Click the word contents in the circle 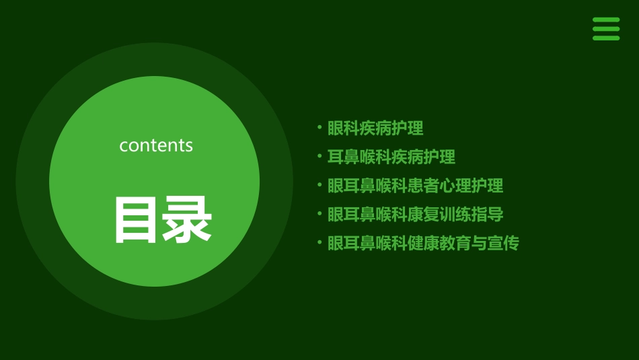point(156,145)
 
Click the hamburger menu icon point(605,29)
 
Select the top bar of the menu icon point(605,20)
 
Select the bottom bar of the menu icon point(605,38)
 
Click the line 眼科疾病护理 point(375,128)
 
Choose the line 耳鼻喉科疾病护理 point(391,157)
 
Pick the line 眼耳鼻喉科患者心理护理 point(415,186)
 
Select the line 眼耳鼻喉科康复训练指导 point(415,215)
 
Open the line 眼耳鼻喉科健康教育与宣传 point(423,244)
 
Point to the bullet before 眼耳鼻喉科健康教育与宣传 point(319,242)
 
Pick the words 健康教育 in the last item point(439,244)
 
